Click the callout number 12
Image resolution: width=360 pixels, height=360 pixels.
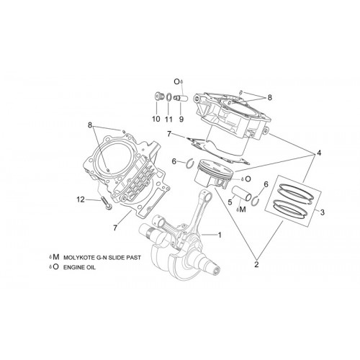81,199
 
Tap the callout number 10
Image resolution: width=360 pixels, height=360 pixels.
156,119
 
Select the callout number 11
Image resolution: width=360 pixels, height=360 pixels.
168,119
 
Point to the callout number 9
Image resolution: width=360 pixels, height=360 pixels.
181,119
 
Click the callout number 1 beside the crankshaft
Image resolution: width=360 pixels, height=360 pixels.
220,235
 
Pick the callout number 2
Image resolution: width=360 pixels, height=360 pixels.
256,264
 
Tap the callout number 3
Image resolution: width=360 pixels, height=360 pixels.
323,212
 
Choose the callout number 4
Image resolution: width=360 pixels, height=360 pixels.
319,153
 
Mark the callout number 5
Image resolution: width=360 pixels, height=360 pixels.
230,202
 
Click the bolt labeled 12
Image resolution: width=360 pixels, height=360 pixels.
106,203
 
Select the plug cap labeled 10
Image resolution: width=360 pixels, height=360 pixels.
158,96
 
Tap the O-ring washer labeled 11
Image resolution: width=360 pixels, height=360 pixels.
168,97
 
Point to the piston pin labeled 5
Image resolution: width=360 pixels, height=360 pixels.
241,193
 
